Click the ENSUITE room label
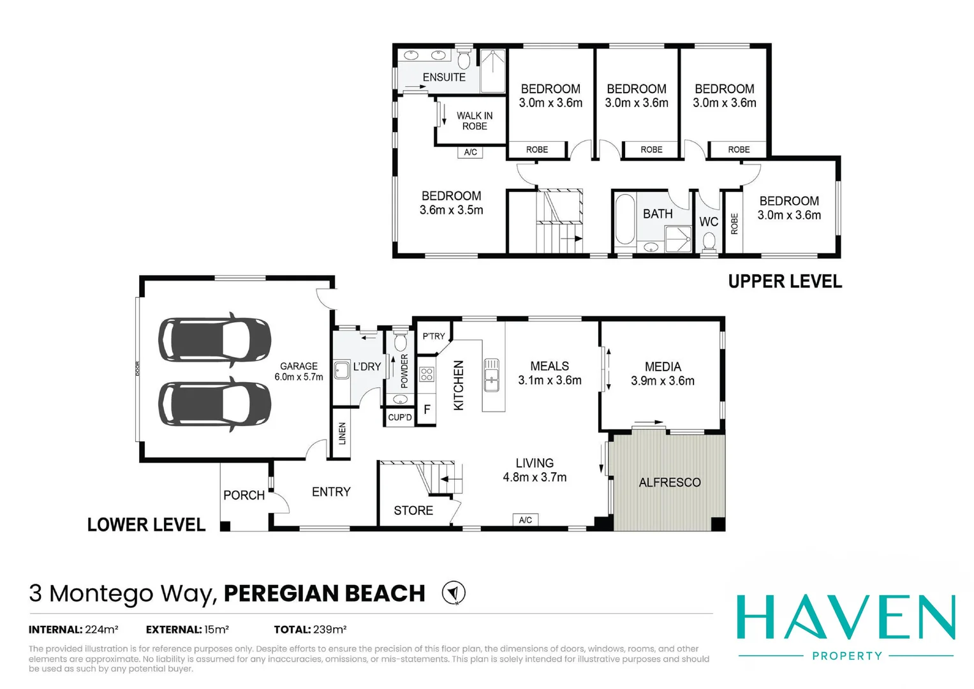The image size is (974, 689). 444,77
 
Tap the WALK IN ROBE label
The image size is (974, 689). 475,121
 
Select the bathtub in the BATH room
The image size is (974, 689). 625,219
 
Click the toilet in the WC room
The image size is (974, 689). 709,242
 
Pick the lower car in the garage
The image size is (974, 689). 215,404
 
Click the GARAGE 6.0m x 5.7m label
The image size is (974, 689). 299,371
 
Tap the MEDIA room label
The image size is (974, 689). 663,374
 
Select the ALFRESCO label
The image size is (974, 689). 670,482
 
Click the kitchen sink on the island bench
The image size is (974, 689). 491,375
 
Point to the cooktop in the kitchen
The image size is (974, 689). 427,374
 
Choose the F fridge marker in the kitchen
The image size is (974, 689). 427,410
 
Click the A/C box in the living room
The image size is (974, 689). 525,520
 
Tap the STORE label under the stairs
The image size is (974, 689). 413,510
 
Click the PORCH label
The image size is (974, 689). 244,495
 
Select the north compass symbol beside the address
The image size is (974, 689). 454,593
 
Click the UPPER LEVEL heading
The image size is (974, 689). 785,281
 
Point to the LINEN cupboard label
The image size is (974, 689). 342,433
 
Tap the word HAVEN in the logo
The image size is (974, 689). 846,618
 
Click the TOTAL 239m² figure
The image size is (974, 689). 310,630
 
